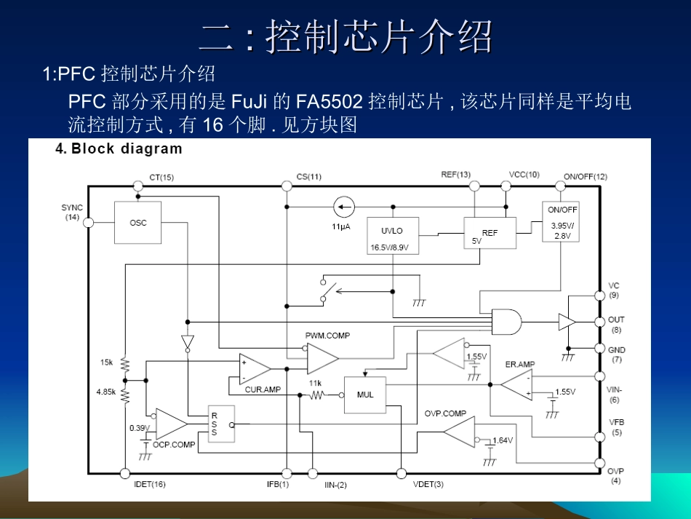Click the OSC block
tap(138, 222)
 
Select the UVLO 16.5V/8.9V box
tap(391, 236)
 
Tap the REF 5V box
tap(490, 233)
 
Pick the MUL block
tap(365, 395)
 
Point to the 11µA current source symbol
tap(343, 207)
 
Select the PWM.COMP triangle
tap(321, 358)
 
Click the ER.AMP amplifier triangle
tap(517, 384)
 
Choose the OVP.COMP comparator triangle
tap(458, 432)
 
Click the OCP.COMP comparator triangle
tap(170, 423)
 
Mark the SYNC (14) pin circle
tap(89, 222)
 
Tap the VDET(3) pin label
tap(428, 485)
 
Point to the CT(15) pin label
tap(161, 177)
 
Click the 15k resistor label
tap(107, 362)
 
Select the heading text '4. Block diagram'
tap(119, 149)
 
